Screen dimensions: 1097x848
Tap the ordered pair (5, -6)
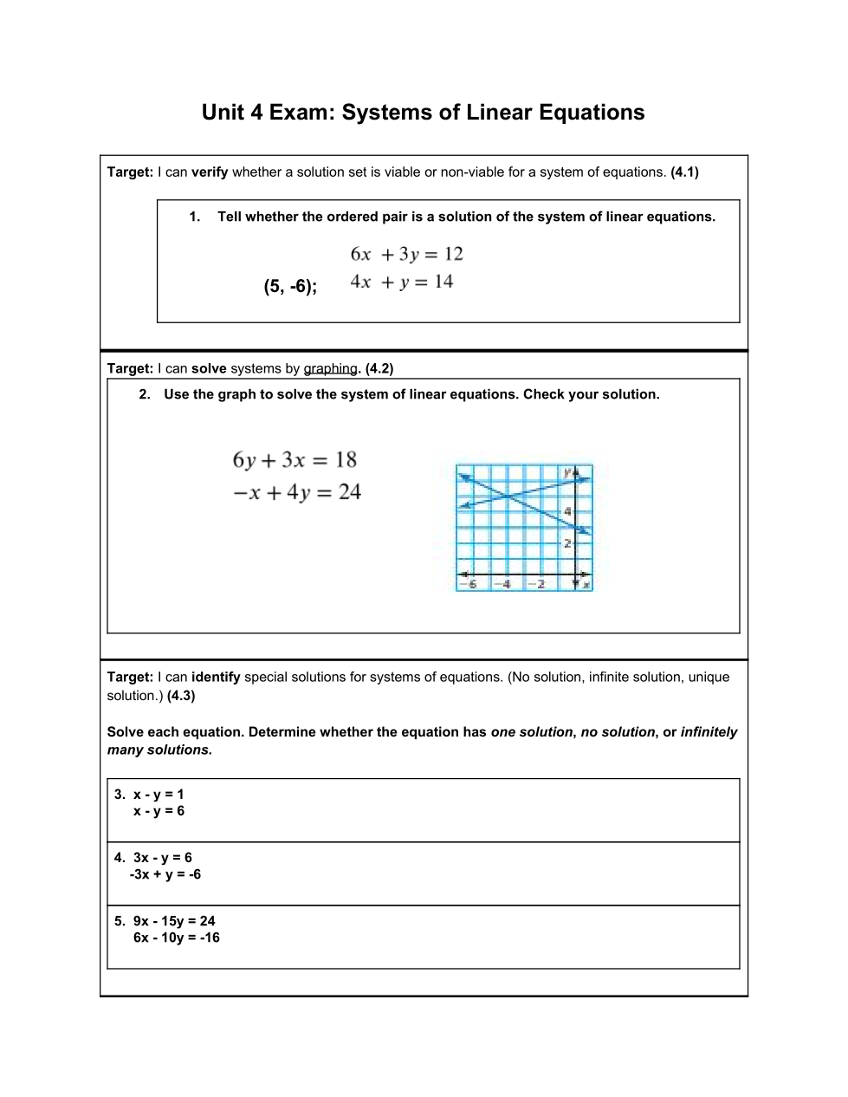[289, 287]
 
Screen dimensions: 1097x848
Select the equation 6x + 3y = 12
[406, 254]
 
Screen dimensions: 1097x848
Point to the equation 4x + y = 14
[401, 282]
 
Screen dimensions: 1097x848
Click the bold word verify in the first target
[210, 172]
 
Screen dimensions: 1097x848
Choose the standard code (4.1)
[684, 172]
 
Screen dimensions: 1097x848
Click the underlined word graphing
[330, 369]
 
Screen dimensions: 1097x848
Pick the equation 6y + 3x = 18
[295, 460]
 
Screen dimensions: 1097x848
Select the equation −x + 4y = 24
[296, 493]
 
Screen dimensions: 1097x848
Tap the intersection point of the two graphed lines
[506, 495]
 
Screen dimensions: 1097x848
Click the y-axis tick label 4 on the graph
[567, 511]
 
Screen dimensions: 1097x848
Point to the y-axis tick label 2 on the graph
[567, 543]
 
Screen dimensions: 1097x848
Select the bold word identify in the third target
[216, 678]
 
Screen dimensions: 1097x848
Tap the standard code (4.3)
[181, 696]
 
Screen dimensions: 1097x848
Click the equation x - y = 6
[159, 811]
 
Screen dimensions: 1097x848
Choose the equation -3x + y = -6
[165, 874]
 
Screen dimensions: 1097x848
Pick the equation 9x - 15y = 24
[174, 921]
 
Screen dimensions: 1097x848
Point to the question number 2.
[145, 395]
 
